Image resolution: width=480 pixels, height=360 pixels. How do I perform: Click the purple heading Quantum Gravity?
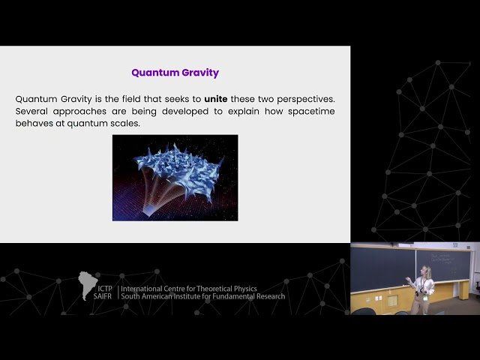pyautogui.click(x=175, y=73)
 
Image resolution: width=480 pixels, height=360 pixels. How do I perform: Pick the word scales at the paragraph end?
pyautogui.click(x=124, y=123)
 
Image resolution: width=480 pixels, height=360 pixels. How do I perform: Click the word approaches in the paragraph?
pyautogui.click(x=86, y=111)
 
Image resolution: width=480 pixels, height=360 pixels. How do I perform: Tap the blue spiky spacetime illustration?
pyautogui.click(x=175, y=178)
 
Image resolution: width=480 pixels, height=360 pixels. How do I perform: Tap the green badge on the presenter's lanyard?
pyautogui.click(x=425, y=298)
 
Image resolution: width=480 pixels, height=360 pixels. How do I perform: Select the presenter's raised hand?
pyautogui.click(x=407, y=281)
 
